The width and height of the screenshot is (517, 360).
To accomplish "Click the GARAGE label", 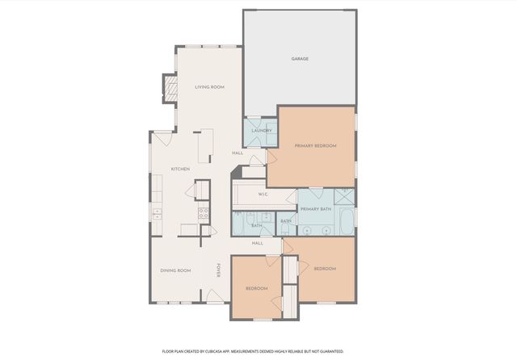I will coord(300,59).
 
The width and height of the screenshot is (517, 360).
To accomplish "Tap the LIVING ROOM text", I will coord(209,86).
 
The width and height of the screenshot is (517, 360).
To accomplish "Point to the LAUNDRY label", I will coord(260,131).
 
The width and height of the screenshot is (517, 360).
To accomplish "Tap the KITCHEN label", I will coord(180,169).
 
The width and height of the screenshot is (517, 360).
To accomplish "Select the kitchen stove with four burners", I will coord(204,214).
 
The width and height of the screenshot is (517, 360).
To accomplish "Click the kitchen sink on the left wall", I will coord(157,214).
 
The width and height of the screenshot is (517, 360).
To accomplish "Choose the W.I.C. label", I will coord(263,195).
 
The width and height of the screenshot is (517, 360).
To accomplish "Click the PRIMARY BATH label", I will coord(315,209).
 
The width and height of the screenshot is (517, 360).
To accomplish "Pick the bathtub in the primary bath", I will coord(346,220).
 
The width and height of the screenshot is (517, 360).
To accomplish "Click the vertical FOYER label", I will coord(218,271).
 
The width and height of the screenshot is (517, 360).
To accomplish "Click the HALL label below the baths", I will coord(257,243).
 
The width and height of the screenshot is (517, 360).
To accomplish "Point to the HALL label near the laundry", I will coord(237,153).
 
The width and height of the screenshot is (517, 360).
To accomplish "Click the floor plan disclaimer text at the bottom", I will coord(253,351).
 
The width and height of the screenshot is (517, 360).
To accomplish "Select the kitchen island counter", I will coord(207,144).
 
